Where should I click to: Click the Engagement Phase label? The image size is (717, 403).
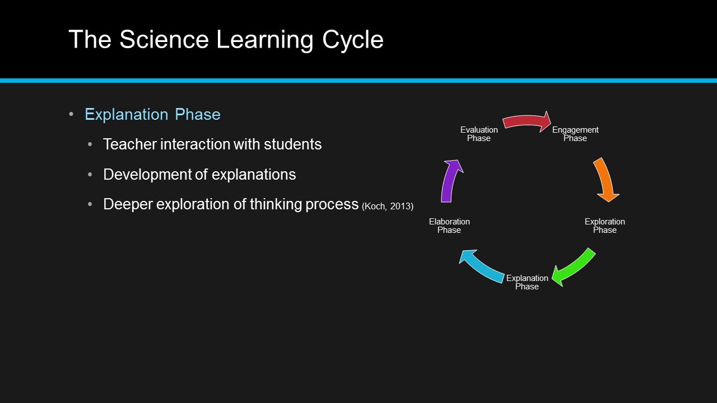(x=575, y=134)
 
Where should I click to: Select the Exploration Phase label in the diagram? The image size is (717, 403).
(x=604, y=226)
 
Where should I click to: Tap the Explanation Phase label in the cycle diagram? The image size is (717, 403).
(x=527, y=282)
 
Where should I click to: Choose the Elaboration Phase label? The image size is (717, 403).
(x=449, y=226)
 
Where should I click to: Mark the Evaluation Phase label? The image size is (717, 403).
(x=479, y=134)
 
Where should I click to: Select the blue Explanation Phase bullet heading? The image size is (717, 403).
(x=152, y=114)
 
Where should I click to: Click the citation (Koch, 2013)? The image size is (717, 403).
(x=388, y=207)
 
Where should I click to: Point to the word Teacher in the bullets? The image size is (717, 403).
(x=129, y=144)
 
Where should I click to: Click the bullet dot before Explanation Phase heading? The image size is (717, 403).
(x=71, y=114)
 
